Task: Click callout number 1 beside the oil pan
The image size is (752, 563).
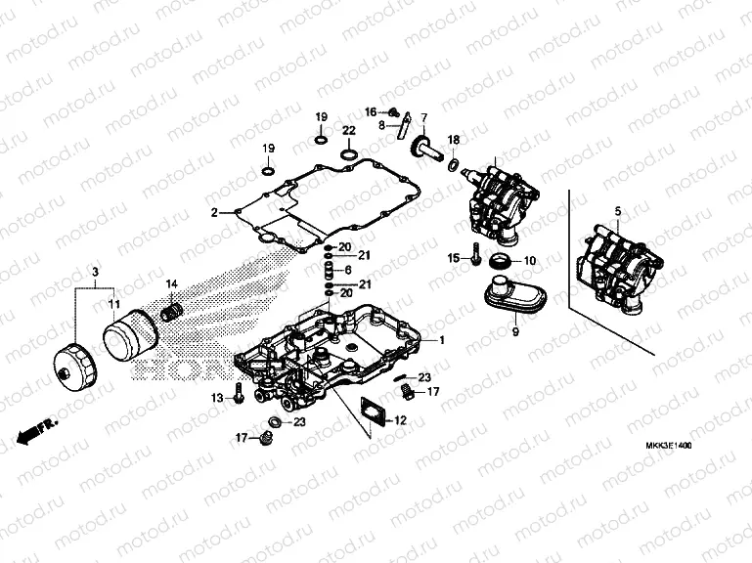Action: (x=441, y=340)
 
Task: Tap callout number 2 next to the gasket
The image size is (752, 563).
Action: (x=213, y=212)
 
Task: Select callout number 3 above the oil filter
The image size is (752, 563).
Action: (x=95, y=271)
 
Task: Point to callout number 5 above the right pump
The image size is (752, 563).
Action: (x=617, y=212)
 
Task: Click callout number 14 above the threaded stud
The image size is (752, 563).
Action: (x=171, y=284)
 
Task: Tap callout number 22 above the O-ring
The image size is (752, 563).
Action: (x=348, y=130)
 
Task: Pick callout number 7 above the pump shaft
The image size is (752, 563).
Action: (x=424, y=118)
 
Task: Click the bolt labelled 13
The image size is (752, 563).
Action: (x=240, y=397)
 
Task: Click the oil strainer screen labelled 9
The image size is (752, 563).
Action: (x=510, y=297)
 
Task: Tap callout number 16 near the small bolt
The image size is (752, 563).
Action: (x=372, y=110)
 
